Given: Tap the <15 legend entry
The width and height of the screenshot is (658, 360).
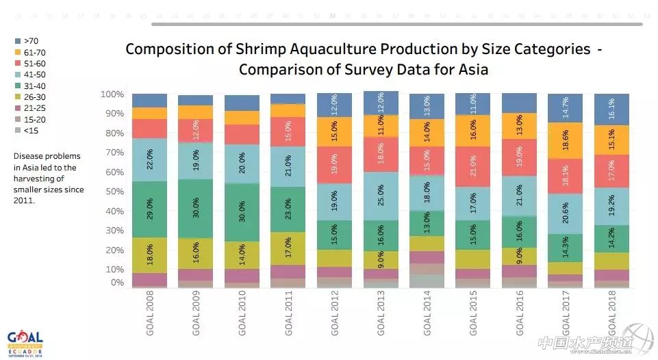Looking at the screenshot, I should coord(31,131).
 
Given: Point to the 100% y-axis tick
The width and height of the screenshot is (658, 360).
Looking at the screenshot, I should coord(112,94).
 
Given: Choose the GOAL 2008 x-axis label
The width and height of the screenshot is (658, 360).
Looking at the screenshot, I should coord(150,315).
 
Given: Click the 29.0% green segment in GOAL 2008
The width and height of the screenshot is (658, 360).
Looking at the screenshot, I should coord(150,209).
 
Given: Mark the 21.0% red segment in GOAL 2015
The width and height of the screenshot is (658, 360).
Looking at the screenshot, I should coord(473,166).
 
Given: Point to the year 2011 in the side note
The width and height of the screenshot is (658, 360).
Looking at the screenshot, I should coord(24,201).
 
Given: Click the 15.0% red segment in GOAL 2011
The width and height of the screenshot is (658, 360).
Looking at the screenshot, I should coord(288,131).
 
